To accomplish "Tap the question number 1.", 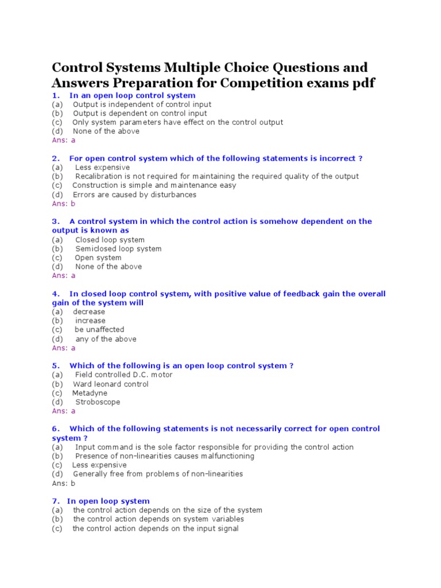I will [x=55, y=95].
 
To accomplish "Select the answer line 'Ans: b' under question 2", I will [x=64, y=203].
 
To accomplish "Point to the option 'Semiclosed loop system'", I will [x=118, y=249].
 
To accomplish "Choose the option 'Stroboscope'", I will [x=98, y=402].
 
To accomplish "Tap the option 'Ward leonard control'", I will [x=110, y=384].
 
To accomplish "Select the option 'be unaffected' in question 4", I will [x=99, y=330].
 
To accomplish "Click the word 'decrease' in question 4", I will [x=89, y=312].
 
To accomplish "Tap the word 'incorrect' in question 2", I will [x=336, y=158].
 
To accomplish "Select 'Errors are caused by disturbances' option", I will [x=134, y=195].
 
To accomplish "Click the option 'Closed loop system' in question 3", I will [x=110, y=240].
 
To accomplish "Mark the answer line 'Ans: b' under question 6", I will [x=64, y=483].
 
